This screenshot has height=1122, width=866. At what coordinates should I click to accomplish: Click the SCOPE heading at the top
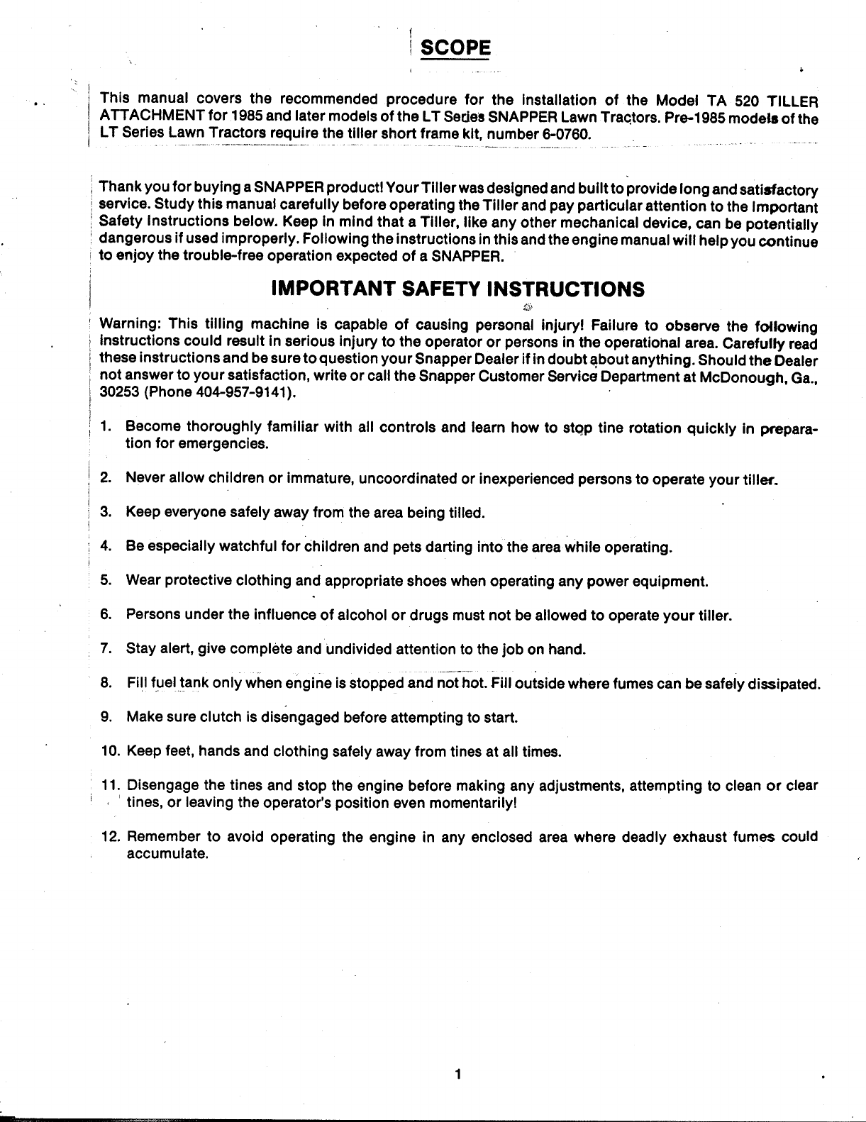455,48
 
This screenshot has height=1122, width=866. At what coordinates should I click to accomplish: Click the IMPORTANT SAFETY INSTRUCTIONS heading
458,289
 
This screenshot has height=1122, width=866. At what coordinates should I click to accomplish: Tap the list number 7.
106,649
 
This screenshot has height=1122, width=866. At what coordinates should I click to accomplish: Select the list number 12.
110,837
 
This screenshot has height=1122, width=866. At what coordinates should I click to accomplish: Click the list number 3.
106,513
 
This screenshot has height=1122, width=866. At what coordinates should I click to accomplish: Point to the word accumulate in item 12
166,854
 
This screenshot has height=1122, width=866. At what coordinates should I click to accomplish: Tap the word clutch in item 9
215,717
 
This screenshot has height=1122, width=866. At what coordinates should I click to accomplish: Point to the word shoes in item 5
427,582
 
